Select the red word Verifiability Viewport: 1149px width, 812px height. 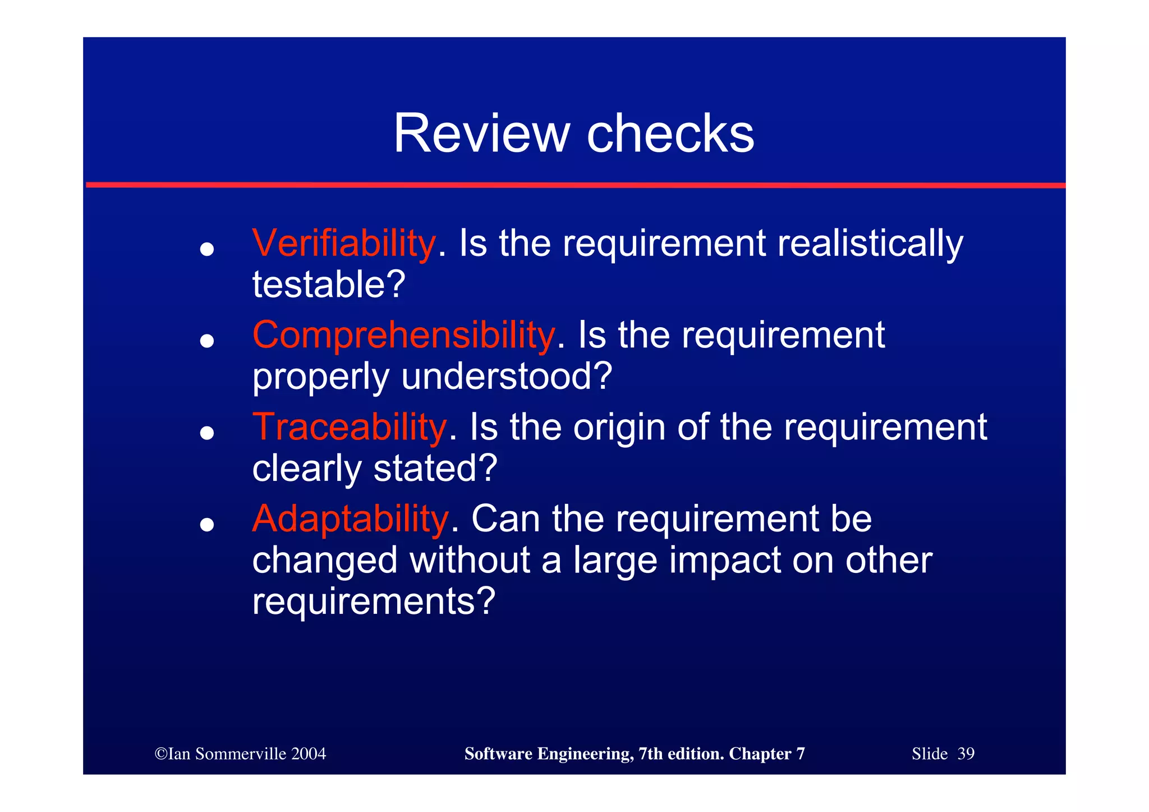[343, 244]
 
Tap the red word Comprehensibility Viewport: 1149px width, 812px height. [403, 335]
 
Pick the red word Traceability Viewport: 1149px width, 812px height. [349, 427]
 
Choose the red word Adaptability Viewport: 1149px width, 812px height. [350, 519]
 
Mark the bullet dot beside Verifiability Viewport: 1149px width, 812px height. [207, 249]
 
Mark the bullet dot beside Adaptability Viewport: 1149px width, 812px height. [207, 524]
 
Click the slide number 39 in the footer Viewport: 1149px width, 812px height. [966, 754]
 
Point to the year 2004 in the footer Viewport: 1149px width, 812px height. [309, 754]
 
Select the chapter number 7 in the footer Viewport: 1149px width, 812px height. [800, 754]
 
